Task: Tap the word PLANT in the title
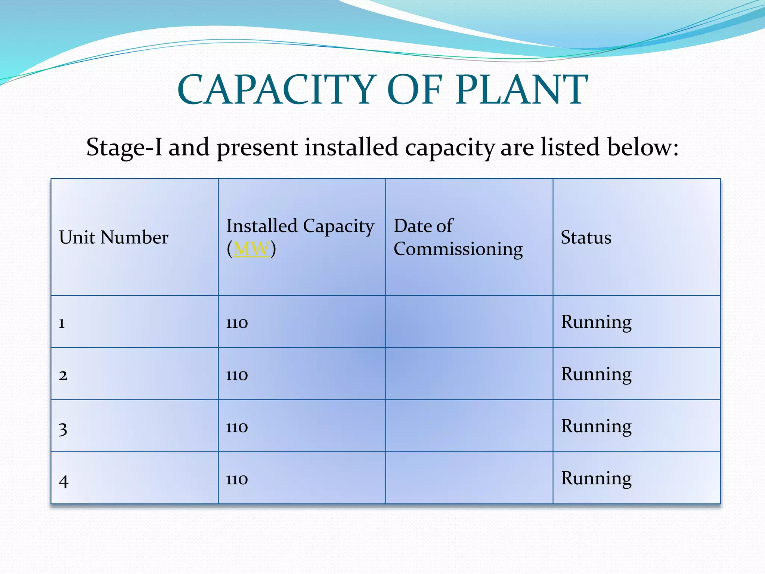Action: tap(521, 90)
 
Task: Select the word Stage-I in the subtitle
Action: tap(124, 147)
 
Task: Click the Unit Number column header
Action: tap(114, 238)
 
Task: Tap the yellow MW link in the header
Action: tap(251, 249)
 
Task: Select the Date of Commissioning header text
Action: tap(458, 238)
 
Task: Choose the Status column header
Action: tap(586, 238)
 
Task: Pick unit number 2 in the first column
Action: tap(63, 375)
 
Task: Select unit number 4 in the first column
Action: tap(64, 481)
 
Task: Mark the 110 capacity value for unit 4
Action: tap(237, 479)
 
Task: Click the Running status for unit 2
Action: tap(596, 374)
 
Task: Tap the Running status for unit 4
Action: tap(596, 479)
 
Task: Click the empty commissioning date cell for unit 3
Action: tap(469, 426)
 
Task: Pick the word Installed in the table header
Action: tap(262, 226)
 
